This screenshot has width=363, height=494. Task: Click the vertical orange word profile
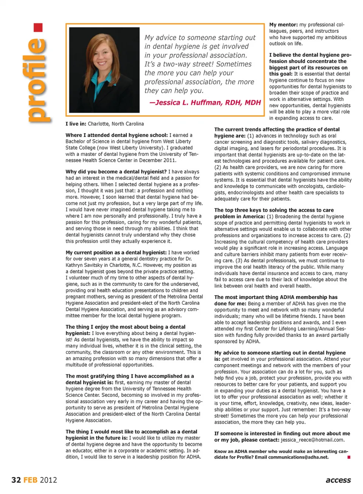[38, 79]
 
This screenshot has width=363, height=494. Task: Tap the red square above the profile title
[38, 28]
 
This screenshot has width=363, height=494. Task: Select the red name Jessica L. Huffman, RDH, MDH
[205, 103]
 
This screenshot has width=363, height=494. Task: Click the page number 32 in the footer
[16, 480]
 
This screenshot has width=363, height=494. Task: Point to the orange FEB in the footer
[30, 480]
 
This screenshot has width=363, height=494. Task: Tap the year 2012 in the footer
[48, 480]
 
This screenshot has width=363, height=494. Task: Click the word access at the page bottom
[338, 480]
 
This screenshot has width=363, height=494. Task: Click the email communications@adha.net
[298, 457]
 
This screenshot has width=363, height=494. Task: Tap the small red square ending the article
[349, 457]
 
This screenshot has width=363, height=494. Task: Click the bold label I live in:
[76, 124]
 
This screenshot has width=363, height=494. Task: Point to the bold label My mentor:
[283, 25]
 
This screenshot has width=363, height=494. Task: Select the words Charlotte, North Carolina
[116, 124]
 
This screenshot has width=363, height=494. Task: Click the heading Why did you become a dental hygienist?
[116, 171]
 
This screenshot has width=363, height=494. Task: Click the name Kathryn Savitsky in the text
[83, 265]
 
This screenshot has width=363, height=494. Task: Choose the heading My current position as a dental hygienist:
[116, 252]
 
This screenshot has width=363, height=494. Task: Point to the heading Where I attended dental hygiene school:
[116, 135]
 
